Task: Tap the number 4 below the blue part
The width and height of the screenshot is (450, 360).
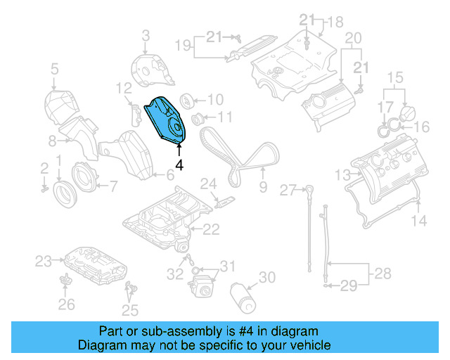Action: point(179,165)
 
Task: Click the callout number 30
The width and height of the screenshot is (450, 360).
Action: point(268,278)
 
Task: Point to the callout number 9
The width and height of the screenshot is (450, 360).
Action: point(262,187)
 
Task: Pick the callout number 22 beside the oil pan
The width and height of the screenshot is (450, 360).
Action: point(211,229)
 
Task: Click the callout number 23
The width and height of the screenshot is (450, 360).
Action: point(44,262)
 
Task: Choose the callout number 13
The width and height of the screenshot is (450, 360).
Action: point(342,174)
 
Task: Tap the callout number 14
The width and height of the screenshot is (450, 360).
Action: point(418,221)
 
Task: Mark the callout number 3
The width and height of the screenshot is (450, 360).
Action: point(146,34)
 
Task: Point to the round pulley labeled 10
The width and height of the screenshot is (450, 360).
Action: point(188,100)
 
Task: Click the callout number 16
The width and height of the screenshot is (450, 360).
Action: point(421,127)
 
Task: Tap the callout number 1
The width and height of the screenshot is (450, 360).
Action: point(61,161)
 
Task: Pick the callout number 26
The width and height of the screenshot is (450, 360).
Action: point(66,304)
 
